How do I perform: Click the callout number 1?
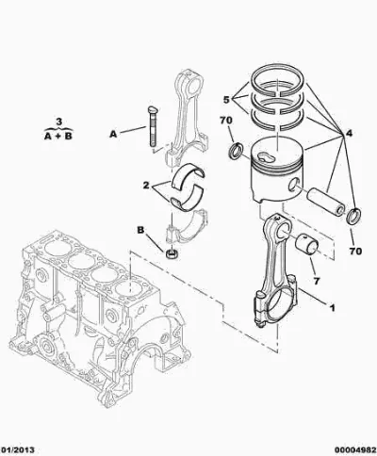click(332, 308)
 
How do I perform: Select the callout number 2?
click(146, 186)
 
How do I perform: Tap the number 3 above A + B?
click(59, 122)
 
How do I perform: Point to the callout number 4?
click(349, 134)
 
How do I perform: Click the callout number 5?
click(226, 100)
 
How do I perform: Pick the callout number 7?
click(316, 281)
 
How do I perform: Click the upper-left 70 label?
click(226, 121)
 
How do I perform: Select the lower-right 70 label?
click(355, 251)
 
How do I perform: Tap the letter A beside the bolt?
click(113, 135)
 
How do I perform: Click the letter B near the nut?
click(140, 230)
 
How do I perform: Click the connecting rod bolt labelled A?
click(152, 126)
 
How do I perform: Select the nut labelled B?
click(172, 253)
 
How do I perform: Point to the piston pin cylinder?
click(325, 202)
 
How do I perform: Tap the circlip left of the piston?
click(236, 150)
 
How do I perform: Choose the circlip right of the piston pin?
click(353, 216)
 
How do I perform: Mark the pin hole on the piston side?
click(295, 185)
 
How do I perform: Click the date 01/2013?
click(18, 450)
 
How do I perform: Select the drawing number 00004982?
click(355, 450)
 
